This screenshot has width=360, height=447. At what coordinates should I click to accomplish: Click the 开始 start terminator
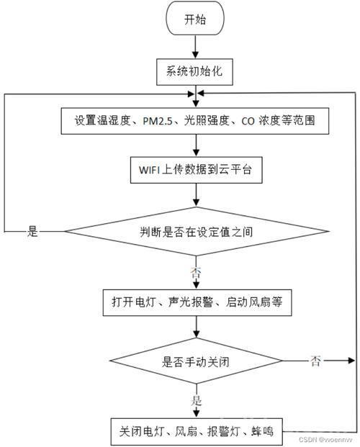pos(195,18)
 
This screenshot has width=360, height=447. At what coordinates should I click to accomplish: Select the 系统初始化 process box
pos(194,72)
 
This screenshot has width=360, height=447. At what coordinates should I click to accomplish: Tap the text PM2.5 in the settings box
pos(158,121)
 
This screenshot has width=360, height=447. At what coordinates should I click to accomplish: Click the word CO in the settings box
pos(248,121)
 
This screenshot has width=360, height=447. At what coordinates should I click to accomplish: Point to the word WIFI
pos(150,170)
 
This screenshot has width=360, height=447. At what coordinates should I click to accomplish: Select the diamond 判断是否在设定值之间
pos(197,232)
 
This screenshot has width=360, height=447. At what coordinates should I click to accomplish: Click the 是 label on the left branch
pos(32,231)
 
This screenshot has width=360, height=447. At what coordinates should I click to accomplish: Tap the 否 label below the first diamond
pos(196,273)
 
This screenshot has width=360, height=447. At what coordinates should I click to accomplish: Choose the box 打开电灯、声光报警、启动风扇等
pos(197,302)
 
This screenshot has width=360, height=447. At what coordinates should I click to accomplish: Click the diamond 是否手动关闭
pos(196,361)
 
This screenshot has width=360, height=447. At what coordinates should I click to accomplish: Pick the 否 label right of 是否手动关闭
pos(315,361)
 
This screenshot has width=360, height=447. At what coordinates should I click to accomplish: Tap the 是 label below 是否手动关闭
pos(197,400)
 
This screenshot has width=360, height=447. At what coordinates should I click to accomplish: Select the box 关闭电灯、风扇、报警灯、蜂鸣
pos(197,432)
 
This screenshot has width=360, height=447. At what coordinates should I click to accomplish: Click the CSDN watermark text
pos(325,439)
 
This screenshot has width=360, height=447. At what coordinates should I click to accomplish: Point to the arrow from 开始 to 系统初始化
pos(195,47)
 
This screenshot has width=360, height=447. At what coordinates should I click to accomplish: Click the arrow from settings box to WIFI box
pos(196,145)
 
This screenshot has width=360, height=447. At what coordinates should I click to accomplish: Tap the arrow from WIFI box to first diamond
pos(197,195)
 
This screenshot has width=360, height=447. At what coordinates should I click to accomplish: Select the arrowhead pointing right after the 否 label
pos(351,361)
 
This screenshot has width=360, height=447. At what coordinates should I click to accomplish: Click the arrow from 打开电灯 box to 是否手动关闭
pos(197,327)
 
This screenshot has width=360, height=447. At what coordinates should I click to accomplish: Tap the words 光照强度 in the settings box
pos(207,121)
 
